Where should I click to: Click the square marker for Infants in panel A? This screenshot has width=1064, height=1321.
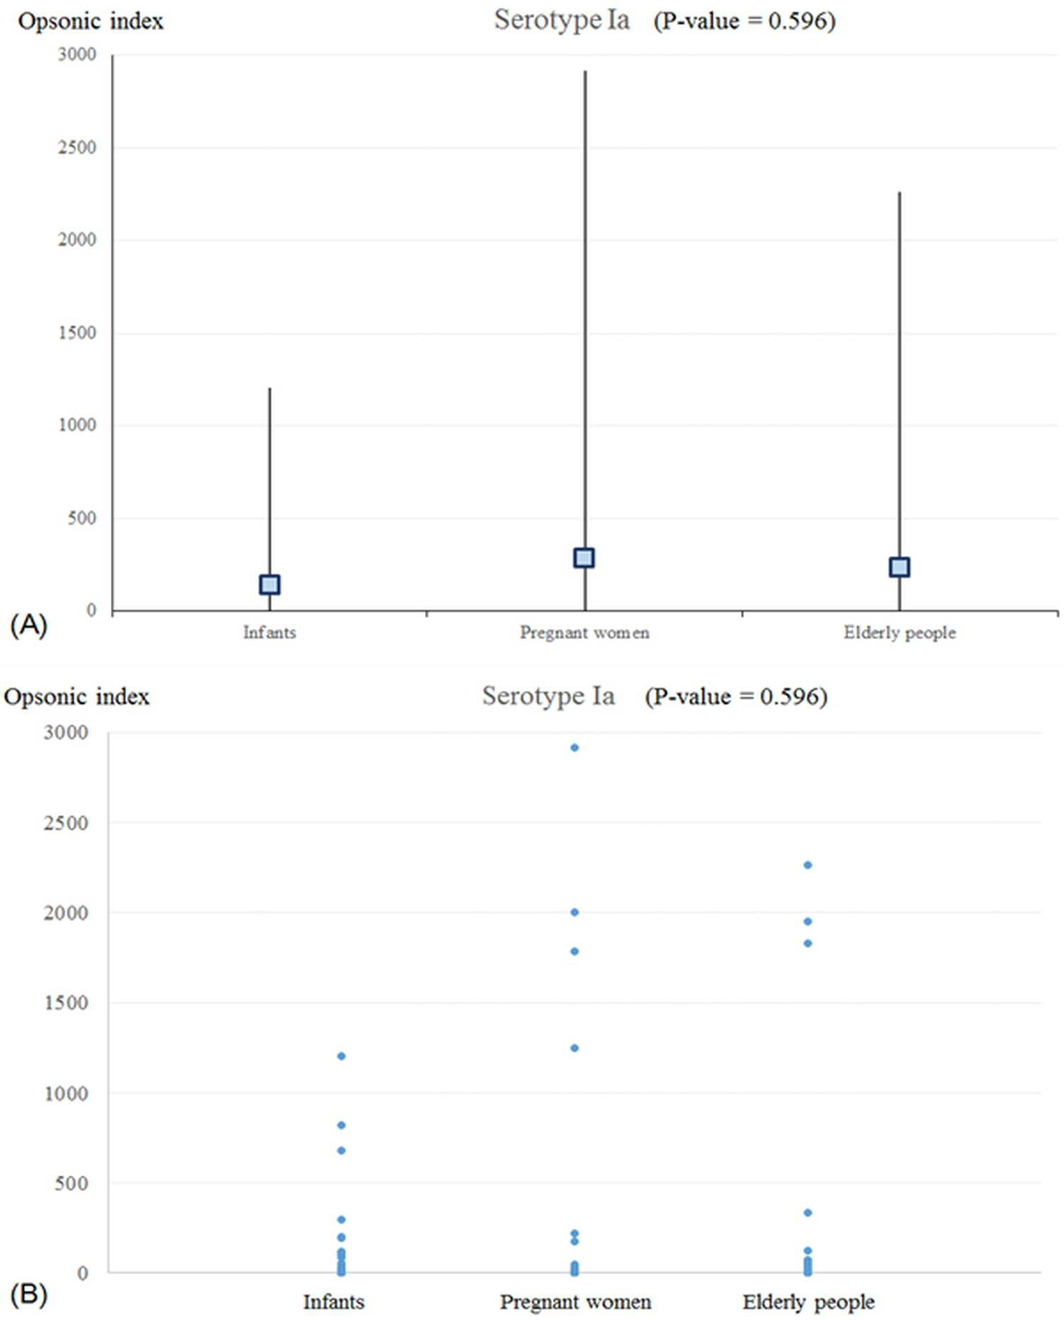(270, 585)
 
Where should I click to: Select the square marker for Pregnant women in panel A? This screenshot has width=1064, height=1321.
(584, 558)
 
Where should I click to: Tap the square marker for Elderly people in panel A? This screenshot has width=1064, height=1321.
(899, 567)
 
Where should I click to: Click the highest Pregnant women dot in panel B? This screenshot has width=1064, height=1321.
(575, 747)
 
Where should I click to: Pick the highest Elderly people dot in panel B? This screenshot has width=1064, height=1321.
(807, 865)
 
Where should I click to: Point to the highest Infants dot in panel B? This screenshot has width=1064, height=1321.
(341, 1057)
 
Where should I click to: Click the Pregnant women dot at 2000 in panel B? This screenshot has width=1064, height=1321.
(575, 913)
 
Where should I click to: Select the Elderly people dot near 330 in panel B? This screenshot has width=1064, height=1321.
(807, 1213)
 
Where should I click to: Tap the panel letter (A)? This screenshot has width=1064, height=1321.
(29, 625)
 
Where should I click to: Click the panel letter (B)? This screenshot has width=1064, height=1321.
(29, 1295)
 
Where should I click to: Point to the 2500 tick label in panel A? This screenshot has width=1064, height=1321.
(77, 147)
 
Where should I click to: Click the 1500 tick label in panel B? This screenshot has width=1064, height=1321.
(66, 1003)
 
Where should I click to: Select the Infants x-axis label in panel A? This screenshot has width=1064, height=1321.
(270, 632)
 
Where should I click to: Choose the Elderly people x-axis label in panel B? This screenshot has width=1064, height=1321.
(809, 1303)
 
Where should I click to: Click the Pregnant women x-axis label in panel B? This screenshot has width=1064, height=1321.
(575, 1303)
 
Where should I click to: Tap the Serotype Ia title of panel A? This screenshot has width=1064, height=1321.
(562, 21)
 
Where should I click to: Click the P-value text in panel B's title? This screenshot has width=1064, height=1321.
(736, 697)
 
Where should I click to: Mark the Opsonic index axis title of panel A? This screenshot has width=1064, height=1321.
(91, 22)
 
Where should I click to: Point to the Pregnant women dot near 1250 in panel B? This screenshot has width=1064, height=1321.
(575, 1048)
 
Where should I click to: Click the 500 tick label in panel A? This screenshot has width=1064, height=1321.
(82, 518)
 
